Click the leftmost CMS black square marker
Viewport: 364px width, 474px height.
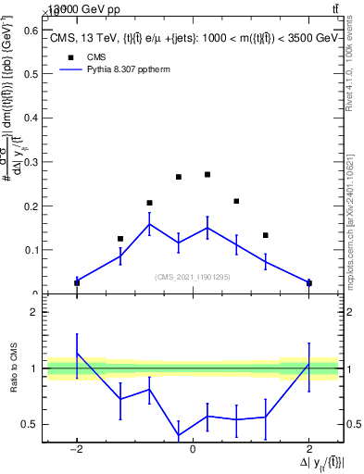click(x=77, y=282)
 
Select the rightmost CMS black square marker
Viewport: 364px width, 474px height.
click(x=308, y=282)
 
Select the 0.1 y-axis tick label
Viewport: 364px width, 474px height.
click(x=31, y=250)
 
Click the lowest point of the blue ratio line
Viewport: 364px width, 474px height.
click(x=178, y=435)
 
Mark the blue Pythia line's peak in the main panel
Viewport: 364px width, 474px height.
click(x=149, y=223)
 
